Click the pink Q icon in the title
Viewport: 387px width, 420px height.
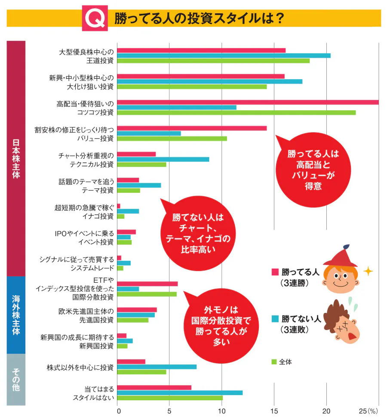coord(95,18)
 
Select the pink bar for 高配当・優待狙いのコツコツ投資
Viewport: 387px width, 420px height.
coord(248,102)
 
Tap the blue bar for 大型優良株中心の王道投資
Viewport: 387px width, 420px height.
coord(224,56)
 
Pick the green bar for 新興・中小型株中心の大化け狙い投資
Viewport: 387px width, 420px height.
coord(192,86)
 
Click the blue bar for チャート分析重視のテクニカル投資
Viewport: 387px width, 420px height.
coord(163,159)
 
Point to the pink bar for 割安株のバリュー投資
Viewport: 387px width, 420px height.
coord(192,128)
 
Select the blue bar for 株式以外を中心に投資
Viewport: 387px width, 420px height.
coord(157,367)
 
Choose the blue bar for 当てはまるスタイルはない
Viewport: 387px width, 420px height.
coord(180,392)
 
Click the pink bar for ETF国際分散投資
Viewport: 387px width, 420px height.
coord(147,284)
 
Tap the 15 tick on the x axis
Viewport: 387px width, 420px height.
coord(274,411)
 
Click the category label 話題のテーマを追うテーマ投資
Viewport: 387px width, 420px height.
coord(86,185)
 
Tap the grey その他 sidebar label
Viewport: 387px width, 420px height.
coord(16,379)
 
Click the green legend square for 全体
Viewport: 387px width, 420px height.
coord(273,362)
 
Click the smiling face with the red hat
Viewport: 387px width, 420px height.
coord(341,275)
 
